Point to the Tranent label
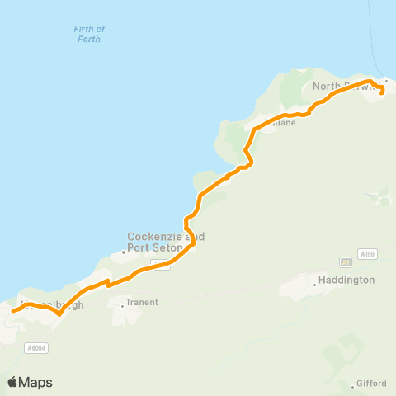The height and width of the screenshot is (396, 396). [142, 303]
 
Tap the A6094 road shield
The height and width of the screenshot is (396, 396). [35, 348]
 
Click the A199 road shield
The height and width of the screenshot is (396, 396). [368, 253]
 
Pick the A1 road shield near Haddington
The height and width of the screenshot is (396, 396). [346, 262]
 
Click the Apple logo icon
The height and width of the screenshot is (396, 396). [12, 382]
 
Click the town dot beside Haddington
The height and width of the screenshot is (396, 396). [315, 285]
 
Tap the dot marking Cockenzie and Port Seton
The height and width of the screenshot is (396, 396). [124, 252]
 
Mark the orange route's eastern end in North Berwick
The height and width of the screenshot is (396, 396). [381, 93]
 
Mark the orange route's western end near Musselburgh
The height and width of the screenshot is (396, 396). [12, 311]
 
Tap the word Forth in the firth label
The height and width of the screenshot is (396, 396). [89, 39]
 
